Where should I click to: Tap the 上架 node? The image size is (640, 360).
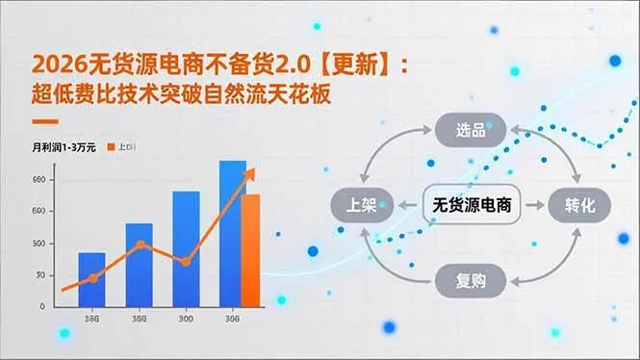(x=362, y=205)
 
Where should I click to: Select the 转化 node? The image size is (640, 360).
(x=579, y=205)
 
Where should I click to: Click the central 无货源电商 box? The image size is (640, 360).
(x=471, y=205)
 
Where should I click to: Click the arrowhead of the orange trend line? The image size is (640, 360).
(x=252, y=172)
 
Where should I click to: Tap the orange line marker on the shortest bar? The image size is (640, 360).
(x=93, y=278)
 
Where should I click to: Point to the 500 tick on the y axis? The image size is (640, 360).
(x=38, y=243)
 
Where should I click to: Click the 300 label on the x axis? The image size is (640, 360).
(x=185, y=319)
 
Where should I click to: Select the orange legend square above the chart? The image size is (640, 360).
(x=113, y=147)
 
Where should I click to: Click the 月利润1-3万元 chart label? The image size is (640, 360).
(x=64, y=147)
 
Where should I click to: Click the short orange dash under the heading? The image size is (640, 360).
(x=45, y=122)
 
